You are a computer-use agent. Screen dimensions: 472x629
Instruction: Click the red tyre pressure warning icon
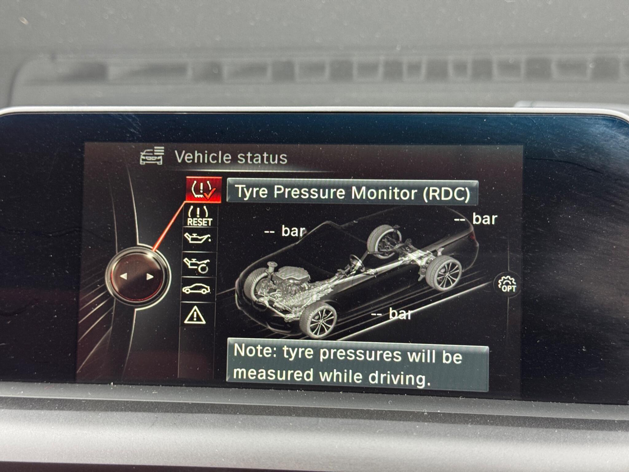[x=203, y=190]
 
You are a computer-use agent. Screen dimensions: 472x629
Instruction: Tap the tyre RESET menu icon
[x=199, y=216]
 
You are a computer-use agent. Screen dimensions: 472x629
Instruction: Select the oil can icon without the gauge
[x=197, y=238]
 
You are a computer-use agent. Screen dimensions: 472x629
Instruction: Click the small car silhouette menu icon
[x=196, y=289]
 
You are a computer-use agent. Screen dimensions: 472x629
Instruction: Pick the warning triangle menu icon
[x=195, y=316]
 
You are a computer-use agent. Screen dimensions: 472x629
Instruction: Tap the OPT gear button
[x=507, y=284]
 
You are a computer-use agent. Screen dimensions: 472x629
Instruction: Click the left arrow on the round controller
[x=124, y=276]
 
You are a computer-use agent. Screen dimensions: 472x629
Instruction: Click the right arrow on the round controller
[x=150, y=277]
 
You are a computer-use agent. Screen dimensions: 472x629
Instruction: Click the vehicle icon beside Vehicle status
[x=152, y=156]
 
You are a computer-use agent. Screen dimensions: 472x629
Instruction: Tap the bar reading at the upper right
[x=476, y=219]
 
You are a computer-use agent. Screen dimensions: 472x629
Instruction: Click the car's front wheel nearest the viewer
[x=318, y=321]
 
